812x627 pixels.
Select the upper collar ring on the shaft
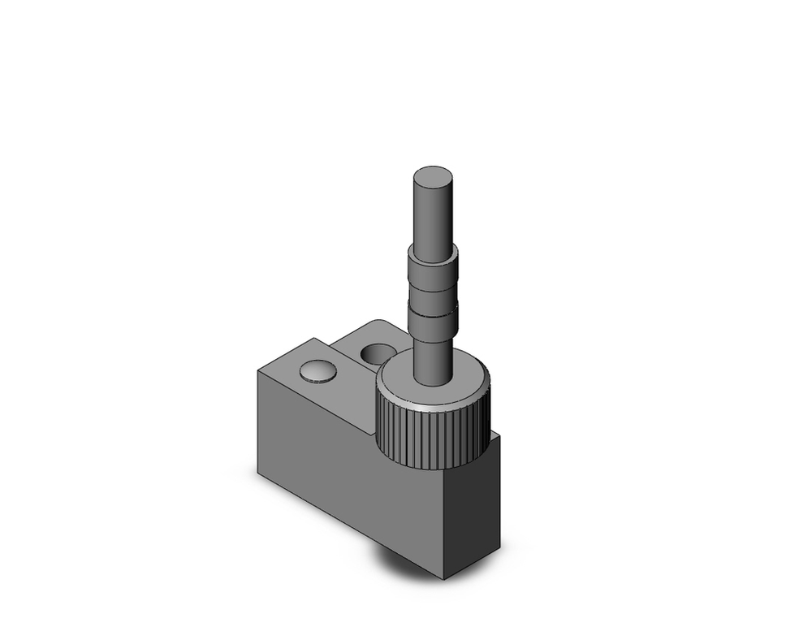point(431,265)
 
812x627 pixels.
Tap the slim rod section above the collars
point(433,215)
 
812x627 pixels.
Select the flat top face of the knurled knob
point(467,382)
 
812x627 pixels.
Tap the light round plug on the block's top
point(317,372)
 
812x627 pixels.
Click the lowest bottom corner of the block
point(443,578)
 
